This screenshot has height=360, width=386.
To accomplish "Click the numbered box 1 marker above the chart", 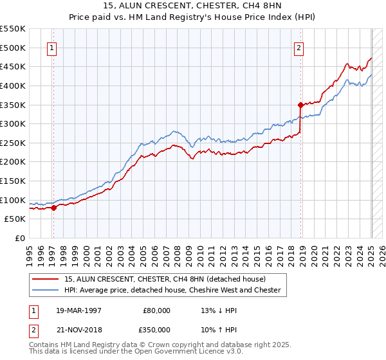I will coord(51,46).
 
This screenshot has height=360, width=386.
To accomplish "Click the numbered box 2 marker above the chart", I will coord(299,46).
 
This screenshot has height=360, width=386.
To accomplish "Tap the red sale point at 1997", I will coord(53,207).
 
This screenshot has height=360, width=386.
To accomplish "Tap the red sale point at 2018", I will coord(300,104).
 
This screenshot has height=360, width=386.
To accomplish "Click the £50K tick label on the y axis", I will coord(15,219).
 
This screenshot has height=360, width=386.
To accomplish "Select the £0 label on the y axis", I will coord(20,239).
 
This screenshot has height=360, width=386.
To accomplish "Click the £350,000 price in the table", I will coord(157,329).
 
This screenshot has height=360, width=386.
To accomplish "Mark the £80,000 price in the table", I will coord(157,310).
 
